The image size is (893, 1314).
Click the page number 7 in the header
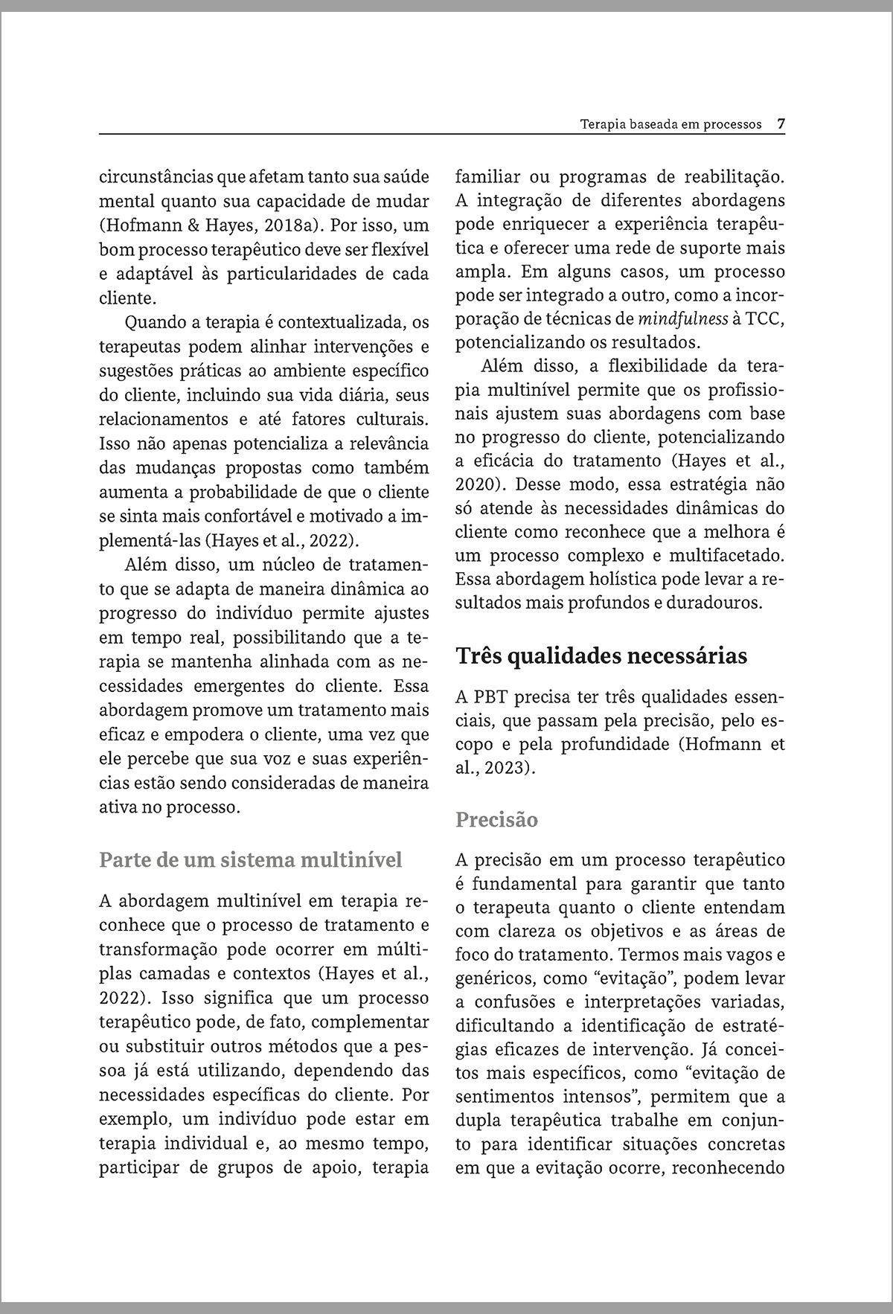781,124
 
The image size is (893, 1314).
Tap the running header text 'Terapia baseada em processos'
670,124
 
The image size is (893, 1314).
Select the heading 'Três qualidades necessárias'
601,657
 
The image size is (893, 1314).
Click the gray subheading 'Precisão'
496,820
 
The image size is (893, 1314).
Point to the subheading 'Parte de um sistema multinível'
250,860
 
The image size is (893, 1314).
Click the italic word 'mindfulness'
683,320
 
